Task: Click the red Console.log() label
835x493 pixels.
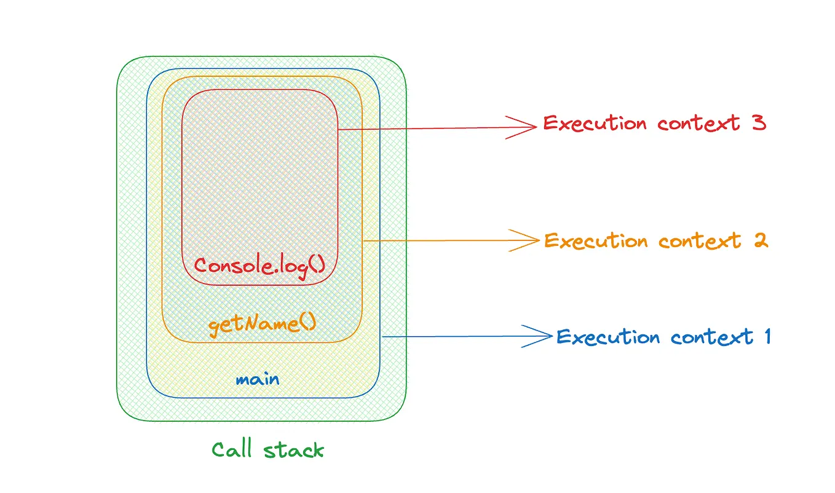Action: pyautogui.click(x=259, y=266)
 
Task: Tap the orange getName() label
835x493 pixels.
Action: pyautogui.click(x=262, y=323)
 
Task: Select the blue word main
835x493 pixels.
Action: pyautogui.click(x=257, y=379)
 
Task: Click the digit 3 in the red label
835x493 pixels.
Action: pyautogui.click(x=758, y=123)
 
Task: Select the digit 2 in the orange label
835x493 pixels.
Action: pyautogui.click(x=761, y=240)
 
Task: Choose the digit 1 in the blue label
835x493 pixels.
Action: pyautogui.click(x=766, y=336)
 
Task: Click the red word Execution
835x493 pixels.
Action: pyautogui.click(x=595, y=124)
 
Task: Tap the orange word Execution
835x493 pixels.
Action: pyautogui.click(x=596, y=240)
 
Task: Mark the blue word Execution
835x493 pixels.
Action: pyautogui.click(x=607, y=337)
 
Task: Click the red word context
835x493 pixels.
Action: pyautogui.click(x=698, y=124)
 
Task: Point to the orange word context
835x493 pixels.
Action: pyautogui.click(x=700, y=240)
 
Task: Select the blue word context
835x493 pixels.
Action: pyautogui.click(x=711, y=337)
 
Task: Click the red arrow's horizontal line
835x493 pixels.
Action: pyautogui.click(x=430, y=129)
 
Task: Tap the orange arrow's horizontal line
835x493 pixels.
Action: pyautogui.click(x=443, y=240)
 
